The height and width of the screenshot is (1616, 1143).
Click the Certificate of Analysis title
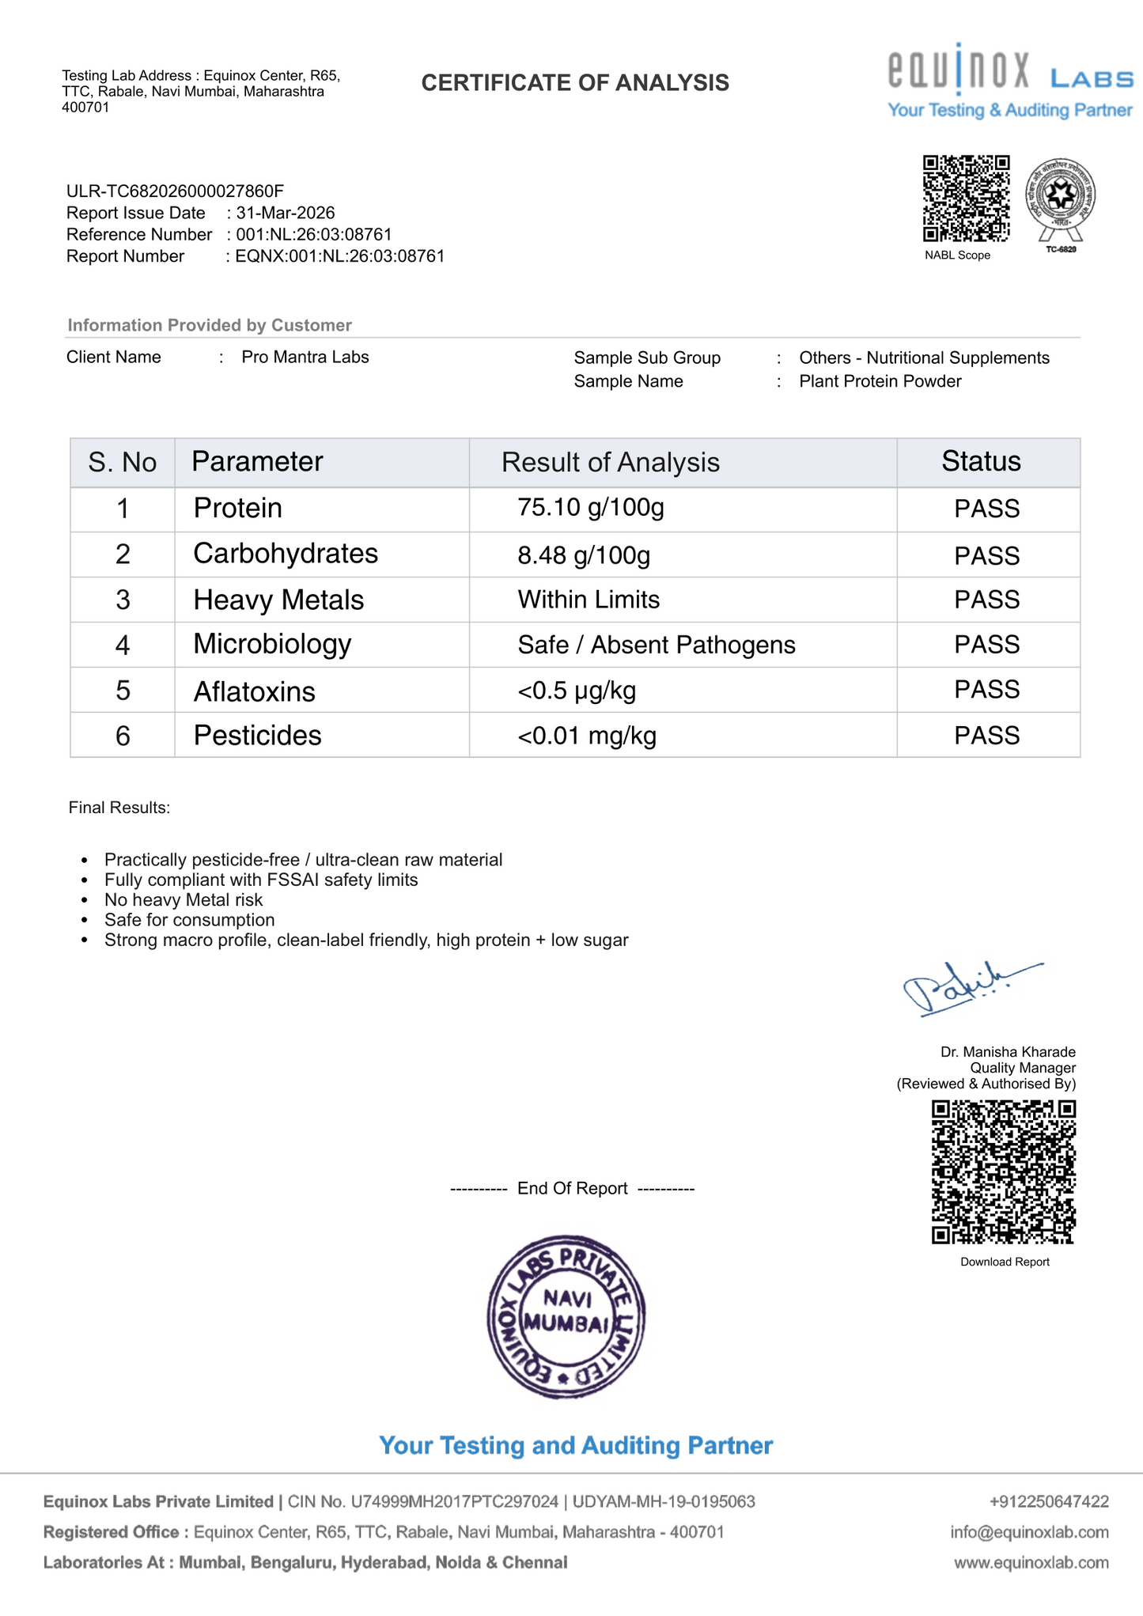(575, 83)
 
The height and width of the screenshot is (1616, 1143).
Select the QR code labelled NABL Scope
(966, 199)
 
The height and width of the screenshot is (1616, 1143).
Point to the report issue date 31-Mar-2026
(286, 213)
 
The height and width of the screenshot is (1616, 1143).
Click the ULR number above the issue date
(175, 191)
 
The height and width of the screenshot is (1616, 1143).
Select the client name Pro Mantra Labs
(305, 357)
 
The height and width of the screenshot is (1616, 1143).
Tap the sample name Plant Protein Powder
(880, 381)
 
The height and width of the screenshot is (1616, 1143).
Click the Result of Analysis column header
(610, 463)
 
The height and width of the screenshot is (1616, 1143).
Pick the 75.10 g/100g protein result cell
(591, 507)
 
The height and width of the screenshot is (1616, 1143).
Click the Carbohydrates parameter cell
(286, 554)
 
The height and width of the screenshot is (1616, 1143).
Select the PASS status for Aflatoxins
(986, 690)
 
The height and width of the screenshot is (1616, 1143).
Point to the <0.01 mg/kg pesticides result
(587, 736)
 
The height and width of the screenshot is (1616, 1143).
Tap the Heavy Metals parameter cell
(278, 600)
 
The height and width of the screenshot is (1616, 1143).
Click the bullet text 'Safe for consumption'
(190, 920)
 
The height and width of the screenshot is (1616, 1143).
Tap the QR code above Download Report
(1003, 1171)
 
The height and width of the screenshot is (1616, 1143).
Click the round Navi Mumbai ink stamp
(566, 1318)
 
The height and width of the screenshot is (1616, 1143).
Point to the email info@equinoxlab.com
(1029, 1532)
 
